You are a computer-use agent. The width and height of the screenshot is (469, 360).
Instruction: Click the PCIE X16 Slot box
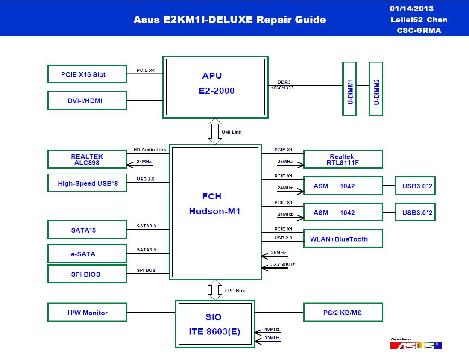pyautogui.click(x=87, y=74)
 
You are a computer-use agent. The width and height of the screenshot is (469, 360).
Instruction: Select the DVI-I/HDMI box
pyautogui.click(x=87, y=100)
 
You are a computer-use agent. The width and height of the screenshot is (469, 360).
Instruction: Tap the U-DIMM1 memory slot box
pyautogui.click(x=349, y=89)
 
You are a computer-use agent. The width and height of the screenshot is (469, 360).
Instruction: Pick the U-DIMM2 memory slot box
pyautogui.click(x=376, y=89)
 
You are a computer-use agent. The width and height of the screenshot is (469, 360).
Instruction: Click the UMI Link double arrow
pyautogui.click(x=215, y=131)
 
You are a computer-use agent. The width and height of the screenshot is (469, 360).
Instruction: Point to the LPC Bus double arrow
pyautogui.click(x=215, y=290)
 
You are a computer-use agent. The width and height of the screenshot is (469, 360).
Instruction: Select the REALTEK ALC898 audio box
pyautogui.click(x=87, y=159)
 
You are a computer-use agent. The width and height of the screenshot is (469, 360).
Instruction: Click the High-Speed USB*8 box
pyautogui.click(x=87, y=183)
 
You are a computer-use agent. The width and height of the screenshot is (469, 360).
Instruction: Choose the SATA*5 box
pyautogui.click(x=87, y=230)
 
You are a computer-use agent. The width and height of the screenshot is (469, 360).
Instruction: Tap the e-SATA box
pyautogui.click(x=87, y=254)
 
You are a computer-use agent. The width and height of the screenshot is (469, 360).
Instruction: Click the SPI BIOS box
pyautogui.click(x=87, y=274)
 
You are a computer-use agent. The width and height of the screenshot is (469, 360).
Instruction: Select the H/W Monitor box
pyautogui.click(x=87, y=312)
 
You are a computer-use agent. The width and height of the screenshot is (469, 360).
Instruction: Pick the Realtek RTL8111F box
pyautogui.click(x=343, y=159)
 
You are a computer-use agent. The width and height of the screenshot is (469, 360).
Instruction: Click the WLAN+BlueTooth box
pyautogui.click(x=343, y=239)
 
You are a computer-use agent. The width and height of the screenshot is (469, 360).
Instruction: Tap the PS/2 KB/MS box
pyautogui.click(x=343, y=312)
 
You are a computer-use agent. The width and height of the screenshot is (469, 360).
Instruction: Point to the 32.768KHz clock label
pyautogui.click(x=283, y=265)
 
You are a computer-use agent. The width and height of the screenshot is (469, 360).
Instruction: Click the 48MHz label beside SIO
pyautogui.click(x=272, y=329)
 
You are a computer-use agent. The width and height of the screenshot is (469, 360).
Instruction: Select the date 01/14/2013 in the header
pyautogui.click(x=412, y=9)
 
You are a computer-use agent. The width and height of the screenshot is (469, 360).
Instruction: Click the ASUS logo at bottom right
pyautogui.click(x=416, y=345)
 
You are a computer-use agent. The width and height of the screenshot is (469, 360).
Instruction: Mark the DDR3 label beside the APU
pyautogui.click(x=284, y=82)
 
